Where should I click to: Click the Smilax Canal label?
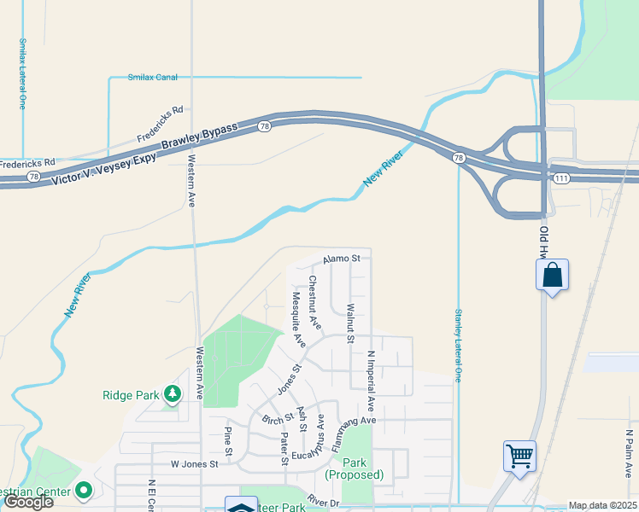(x=152, y=78)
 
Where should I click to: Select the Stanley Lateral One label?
(x=459, y=345)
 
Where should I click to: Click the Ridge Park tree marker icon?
(x=173, y=393)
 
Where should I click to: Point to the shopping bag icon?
(x=553, y=276)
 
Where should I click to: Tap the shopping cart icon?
(x=519, y=456)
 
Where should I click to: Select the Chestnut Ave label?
(x=315, y=303)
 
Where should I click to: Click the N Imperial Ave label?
(x=372, y=378)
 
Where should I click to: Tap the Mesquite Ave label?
(x=298, y=319)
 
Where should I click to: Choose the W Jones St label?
(x=195, y=464)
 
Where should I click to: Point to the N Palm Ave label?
(x=629, y=456)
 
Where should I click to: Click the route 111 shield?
(x=560, y=177)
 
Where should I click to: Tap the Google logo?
(x=28, y=501)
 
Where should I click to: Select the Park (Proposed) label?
(x=354, y=468)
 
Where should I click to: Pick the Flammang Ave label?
(x=349, y=421)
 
